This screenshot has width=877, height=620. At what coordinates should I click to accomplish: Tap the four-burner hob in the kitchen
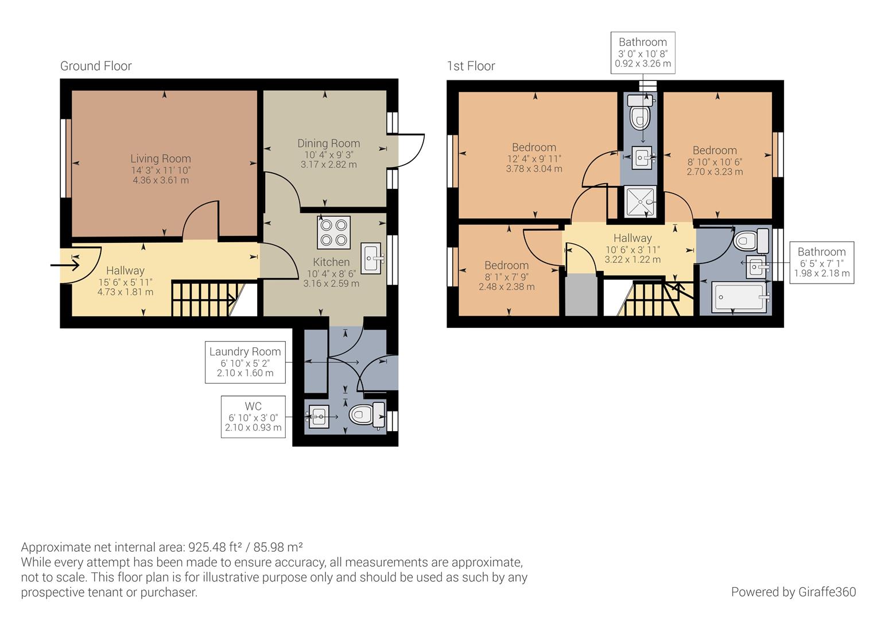click(x=333, y=232)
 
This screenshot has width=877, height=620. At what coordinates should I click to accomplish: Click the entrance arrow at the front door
click(x=65, y=265)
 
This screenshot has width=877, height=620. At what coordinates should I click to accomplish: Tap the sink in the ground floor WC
click(x=318, y=416)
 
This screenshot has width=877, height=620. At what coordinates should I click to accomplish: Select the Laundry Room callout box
click(x=245, y=362)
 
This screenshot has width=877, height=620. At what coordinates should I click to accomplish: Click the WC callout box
click(x=253, y=416)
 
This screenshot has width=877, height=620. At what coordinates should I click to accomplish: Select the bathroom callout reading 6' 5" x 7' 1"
click(x=821, y=262)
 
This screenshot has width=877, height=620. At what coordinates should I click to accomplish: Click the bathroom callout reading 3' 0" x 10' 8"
click(x=642, y=53)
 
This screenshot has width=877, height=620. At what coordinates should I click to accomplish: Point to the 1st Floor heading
click(x=471, y=66)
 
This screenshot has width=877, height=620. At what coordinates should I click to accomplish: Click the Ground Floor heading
click(x=96, y=66)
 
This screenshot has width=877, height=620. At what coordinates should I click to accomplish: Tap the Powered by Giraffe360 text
click(x=793, y=592)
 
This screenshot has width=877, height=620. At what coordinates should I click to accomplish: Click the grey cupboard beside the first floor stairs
click(x=581, y=295)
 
